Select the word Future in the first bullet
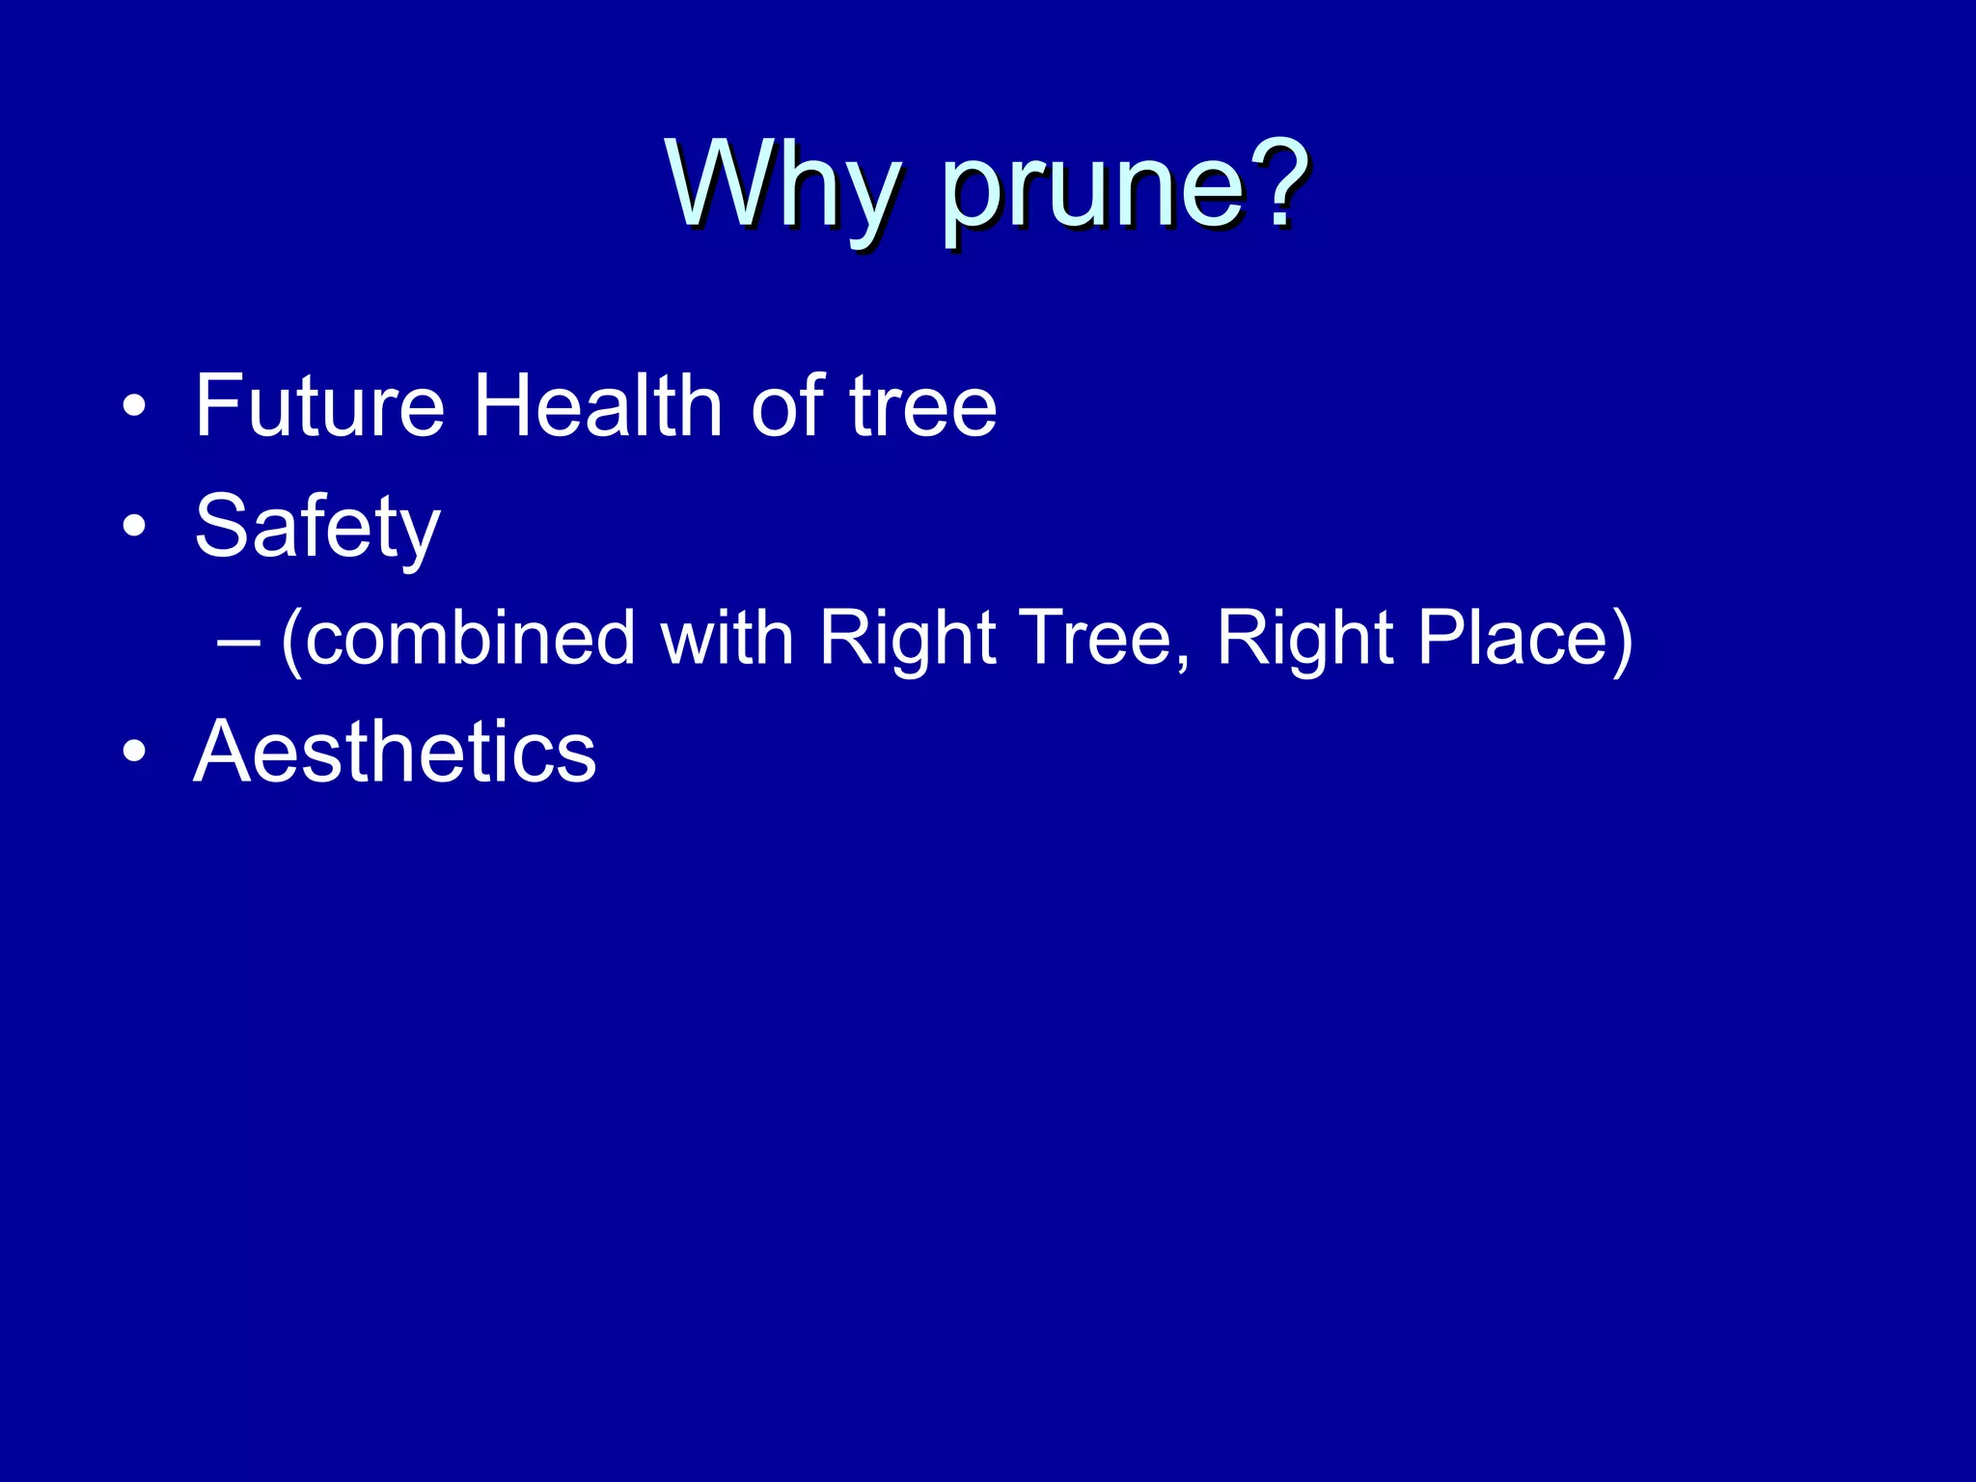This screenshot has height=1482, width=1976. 319,406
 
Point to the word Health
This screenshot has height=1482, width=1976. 597,406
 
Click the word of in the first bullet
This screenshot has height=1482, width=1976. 787,406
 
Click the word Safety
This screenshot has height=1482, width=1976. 317,528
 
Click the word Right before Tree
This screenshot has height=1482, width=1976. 908,639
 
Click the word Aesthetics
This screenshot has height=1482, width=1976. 395,752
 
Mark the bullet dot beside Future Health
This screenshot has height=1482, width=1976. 134,408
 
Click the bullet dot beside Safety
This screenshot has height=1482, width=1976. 134,528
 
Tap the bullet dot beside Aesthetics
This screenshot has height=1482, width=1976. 134,753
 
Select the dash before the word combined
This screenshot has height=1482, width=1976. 239,641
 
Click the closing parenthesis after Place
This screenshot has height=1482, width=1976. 1621,639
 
